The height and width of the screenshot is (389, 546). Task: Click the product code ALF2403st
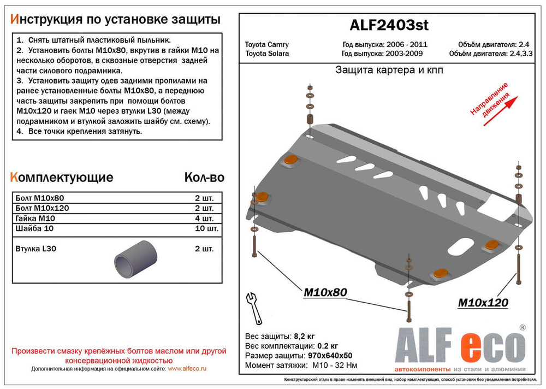click(x=388, y=25)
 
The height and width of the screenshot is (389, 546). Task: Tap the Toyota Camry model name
click(x=266, y=45)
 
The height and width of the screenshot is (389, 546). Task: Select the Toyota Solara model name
click(x=267, y=54)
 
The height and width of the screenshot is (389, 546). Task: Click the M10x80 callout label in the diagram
click(x=325, y=293)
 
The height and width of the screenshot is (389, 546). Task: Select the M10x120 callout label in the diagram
click(x=482, y=303)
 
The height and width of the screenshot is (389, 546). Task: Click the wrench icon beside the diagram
click(x=254, y=308)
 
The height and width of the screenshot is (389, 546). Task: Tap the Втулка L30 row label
click(x=37, y=249)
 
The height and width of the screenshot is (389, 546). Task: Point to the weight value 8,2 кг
click(x=303, y=335)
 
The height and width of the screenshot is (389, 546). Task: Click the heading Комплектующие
click(x=62, y=178)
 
